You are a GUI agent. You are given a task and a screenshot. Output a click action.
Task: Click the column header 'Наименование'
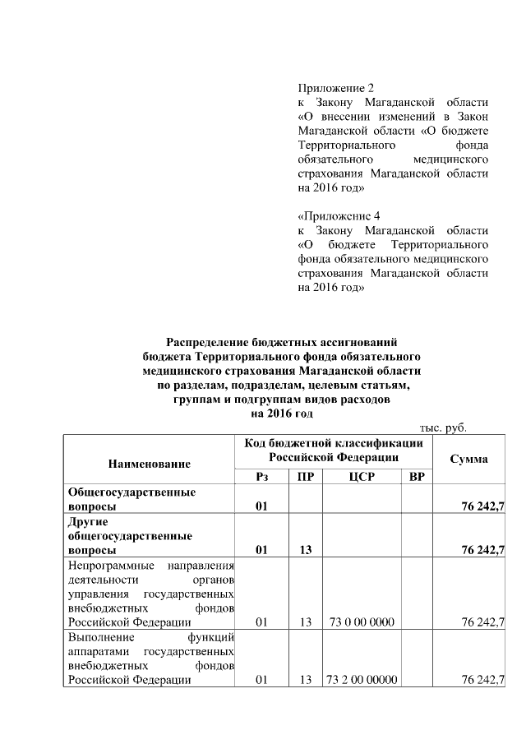pyautogui.click(x=149, y=464)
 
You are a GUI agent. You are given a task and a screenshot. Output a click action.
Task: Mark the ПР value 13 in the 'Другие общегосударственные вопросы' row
pyautogui.click(x=305, y=550)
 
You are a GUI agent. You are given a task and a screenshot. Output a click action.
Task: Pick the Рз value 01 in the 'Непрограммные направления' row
pyautogui.click(x=261, y=622)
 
